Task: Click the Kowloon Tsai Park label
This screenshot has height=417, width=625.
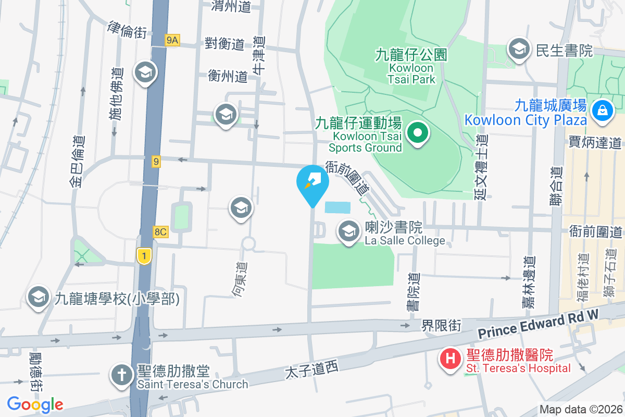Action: pyautogui.click(x=411, y=67)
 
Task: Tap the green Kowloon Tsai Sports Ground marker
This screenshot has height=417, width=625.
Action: pyautogui.click(x=417, y=133)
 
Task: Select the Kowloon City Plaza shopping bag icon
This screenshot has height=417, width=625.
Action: pyautogui.click(x=602, y=111)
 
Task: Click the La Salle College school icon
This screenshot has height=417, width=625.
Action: pyautogui.click(x=348, y=231)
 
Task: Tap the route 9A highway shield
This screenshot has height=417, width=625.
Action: pyautogui.click(x=172, y=40)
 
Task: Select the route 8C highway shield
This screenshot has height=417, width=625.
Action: pyautogui.click(x=160, y=232)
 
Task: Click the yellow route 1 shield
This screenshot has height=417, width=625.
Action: pyautogui.click(x=144, y=255)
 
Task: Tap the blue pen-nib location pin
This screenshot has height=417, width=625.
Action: pyautogui.click(x=312, y=182)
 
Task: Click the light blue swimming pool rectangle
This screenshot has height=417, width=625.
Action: pyautogui.click(x=337, y=207)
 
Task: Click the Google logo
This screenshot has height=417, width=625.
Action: pyautogui.click(x=35, y=404)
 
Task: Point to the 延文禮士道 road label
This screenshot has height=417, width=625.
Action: pyautogui.click(x=481, y=167)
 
